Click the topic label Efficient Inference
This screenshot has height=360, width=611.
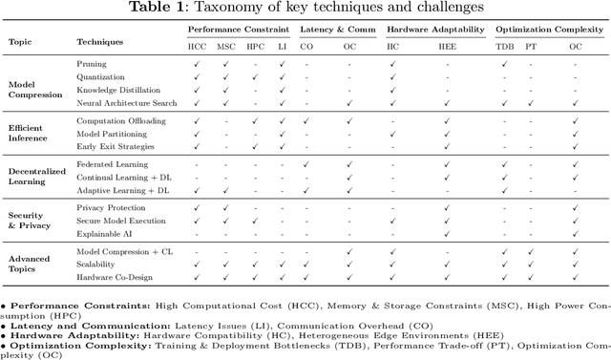(x=28, y=134)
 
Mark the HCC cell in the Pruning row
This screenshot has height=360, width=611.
(x=196, y=65)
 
